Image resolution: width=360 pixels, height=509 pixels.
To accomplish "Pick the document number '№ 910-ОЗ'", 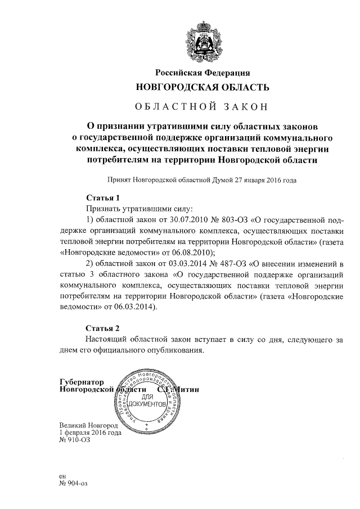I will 74,441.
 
